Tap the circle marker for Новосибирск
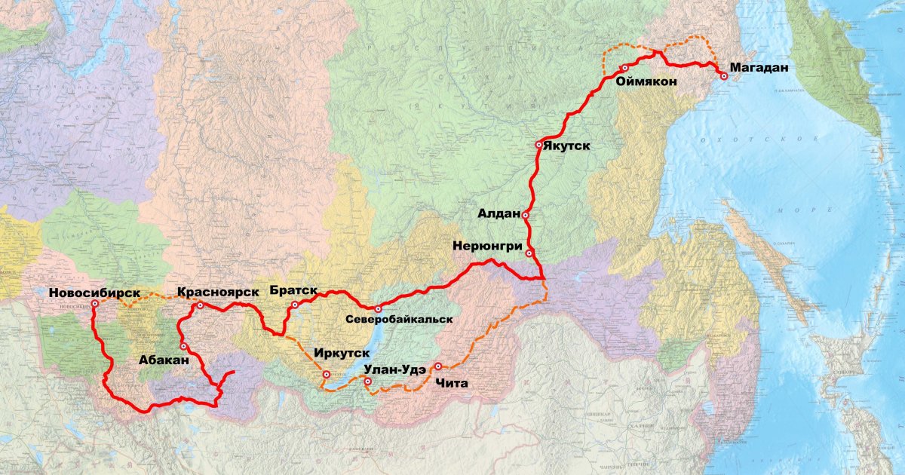click(x=95, y=304)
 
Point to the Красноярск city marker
click(x=200, y=305)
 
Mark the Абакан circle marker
click(x=183, y=346)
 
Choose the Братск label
click(x=291, y=291)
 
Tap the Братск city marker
click(x=294, y=305)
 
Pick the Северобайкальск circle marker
click(x=378, y=309)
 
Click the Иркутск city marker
click(x=327, y=374)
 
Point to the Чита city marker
click(x=438, y=366)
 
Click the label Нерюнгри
click(x=488, y=246)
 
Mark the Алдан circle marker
click(x=525, y=215)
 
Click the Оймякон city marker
click(x=624, y=69)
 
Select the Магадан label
click(x=759, y=68)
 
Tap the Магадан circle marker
click(x=724, y=76)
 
